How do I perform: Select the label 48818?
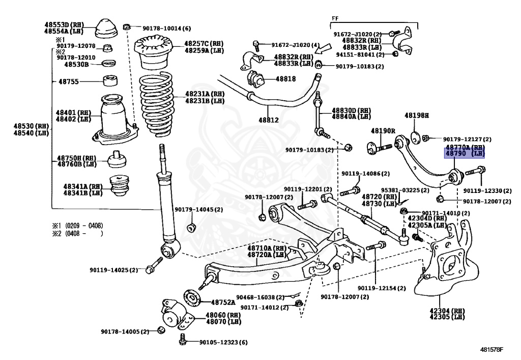(285, 79)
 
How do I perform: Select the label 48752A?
(223, 302)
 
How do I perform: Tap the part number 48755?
(69, 81)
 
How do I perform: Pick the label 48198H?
(417, 116)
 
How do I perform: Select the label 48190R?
(383, 131)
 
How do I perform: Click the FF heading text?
(335, 18)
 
